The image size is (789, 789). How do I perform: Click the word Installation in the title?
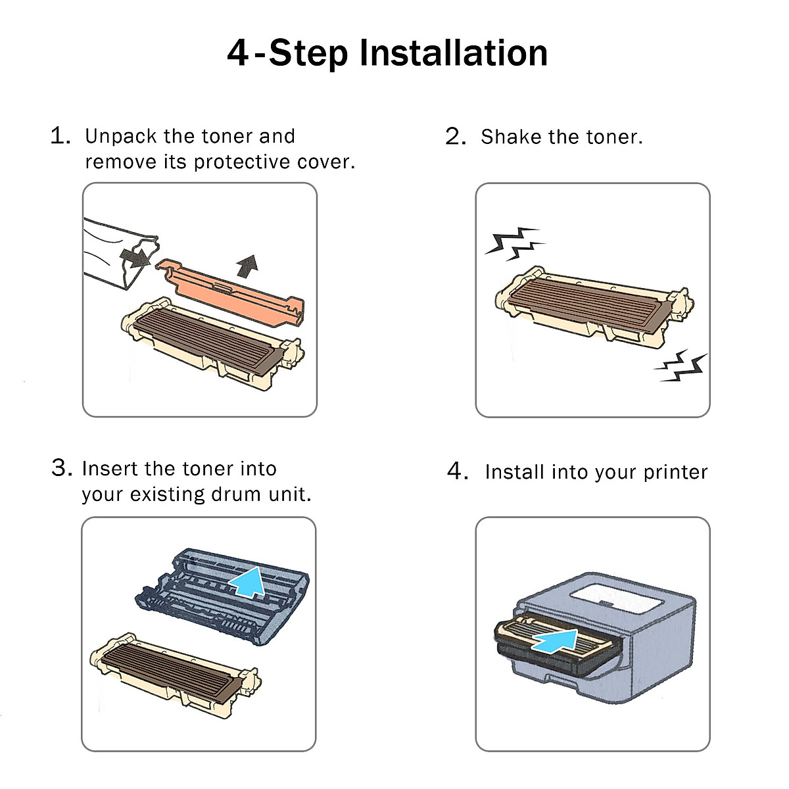[x=453, y=53]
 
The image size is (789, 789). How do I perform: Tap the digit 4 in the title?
[x=238, y=53]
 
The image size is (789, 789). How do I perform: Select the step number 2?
[x=456, y=136]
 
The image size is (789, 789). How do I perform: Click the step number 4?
[x=458, y=471]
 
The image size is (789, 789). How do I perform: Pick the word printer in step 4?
[x=675, y=473]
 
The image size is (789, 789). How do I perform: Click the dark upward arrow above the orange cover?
[x=248, y=266]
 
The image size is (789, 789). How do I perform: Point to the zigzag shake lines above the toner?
[x=514, y=243]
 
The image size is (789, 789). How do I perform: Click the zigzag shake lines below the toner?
[x=680, y=367]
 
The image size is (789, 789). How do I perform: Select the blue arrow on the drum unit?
[x=248, y=581]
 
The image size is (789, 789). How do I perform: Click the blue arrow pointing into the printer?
[x=556, y=640]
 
